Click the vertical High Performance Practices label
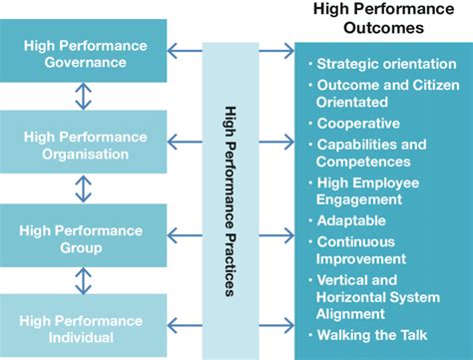[231, 200]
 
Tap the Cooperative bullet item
[357, 124]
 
